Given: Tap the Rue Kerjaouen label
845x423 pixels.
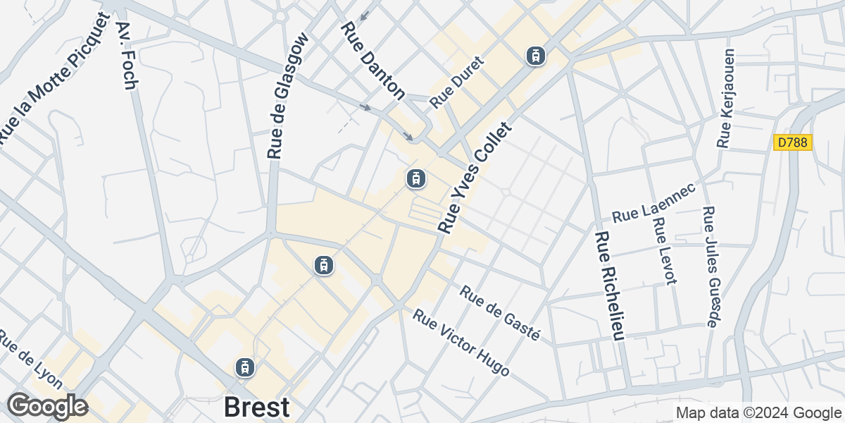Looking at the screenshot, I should [726, 99].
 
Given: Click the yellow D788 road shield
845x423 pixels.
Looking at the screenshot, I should [793, 142].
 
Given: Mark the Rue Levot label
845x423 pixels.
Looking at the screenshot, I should [664, 250].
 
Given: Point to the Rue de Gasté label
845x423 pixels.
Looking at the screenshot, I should [500, 313].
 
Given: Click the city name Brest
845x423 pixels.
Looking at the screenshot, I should [256, 407].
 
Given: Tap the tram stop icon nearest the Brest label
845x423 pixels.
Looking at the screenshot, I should [244, 367].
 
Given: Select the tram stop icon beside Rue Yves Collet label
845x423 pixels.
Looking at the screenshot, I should [415, 179].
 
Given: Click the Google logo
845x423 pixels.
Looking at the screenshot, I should [47, 407].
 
